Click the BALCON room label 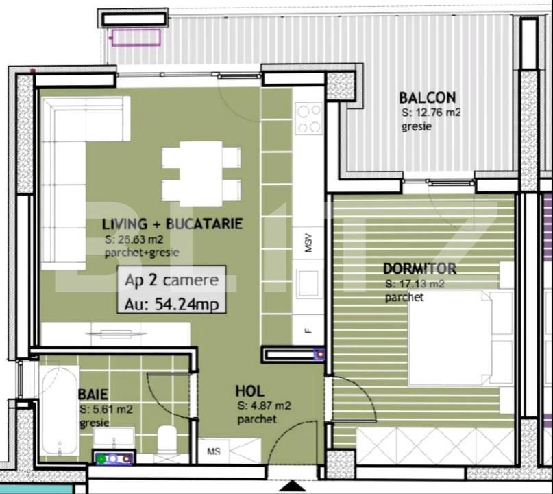(428, 98)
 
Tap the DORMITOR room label (419, 268)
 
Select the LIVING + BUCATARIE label (172, 224)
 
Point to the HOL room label (250, 391)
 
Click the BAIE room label (93, 395)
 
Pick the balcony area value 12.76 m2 (431, 113)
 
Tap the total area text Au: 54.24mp (171, 304)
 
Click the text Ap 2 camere (171, 280)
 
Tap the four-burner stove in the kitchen (309, 118)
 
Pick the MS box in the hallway (213, 451)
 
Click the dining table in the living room (201, 173)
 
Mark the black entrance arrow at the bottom (293, 486)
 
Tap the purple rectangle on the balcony (136, 36)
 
